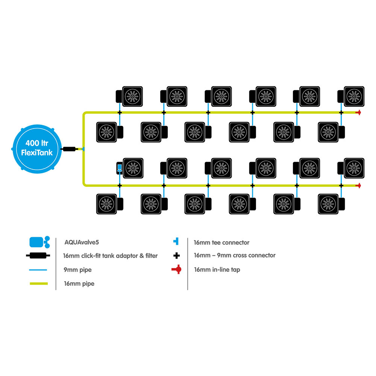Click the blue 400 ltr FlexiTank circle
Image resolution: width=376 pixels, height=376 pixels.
click(37, 149)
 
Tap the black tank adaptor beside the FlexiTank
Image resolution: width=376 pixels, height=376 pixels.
click(69, 149)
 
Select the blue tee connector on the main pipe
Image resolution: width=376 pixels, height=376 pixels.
click(83, 149)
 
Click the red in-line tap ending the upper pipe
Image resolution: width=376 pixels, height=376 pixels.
click(358, 112)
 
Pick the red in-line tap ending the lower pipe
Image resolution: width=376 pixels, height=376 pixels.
click(358, 186)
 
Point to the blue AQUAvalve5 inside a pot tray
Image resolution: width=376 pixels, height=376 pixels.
click(120, 168)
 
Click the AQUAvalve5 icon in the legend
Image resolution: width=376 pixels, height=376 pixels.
click(39, 242)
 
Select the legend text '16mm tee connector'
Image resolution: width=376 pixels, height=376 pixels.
click(221, 243)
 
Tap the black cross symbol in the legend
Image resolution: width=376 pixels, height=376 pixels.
click(176, 256)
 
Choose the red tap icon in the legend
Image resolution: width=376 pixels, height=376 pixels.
click(177, 270)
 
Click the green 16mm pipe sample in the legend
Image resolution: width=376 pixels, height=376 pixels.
click(39, 284)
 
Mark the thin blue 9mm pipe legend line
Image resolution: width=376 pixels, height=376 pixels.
click(38, 270)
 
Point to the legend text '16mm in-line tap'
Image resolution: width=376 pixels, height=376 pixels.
click(217, 270)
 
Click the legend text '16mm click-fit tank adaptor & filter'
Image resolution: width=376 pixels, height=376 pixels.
click(110, 256)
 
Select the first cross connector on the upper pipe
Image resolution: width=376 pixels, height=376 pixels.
click(120, 112)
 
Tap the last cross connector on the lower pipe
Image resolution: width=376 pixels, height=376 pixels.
click(341, 186)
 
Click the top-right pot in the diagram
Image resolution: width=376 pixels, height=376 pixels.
click(351, 96)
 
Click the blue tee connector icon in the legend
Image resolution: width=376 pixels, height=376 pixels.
click(176, 241)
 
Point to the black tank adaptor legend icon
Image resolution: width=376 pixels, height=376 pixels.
click(38, 256)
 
